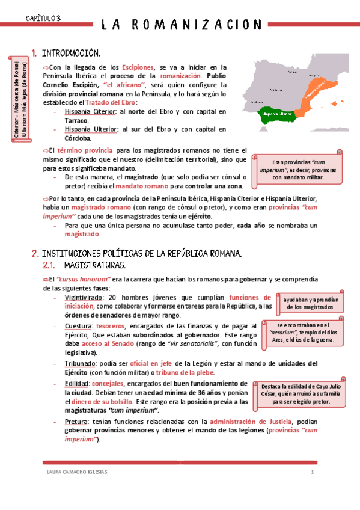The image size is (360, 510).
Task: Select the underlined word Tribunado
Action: pyautogui.click(x=80, y=364)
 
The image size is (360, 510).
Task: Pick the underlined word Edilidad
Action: pyautogui.click(x=78, y=384)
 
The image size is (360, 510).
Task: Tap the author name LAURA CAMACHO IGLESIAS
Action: pyautogui.click(x=77, y=472)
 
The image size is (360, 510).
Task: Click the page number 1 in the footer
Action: pyautogui.click(x=313, y=472)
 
